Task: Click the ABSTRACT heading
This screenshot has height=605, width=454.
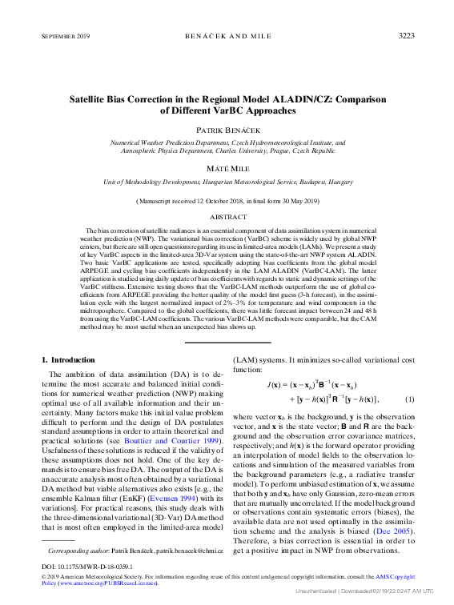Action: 228,217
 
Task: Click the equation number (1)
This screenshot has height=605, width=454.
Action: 409,399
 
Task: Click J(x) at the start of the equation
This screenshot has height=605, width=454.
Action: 278,385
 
